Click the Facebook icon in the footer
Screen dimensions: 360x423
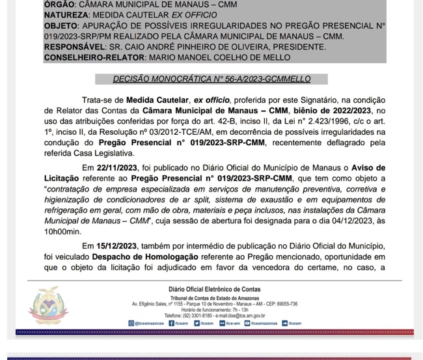[x=171, y=323]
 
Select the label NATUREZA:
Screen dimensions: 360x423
[x=68, y=14]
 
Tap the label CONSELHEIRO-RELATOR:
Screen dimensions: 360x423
[x=95, y=57]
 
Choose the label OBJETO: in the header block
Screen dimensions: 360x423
[x=62, y=25]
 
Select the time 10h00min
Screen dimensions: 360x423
[x=62, y=231]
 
